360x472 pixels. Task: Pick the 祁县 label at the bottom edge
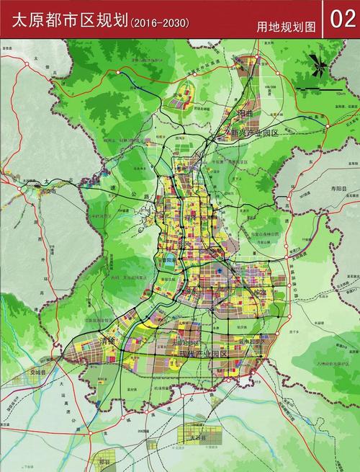point(106,460)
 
